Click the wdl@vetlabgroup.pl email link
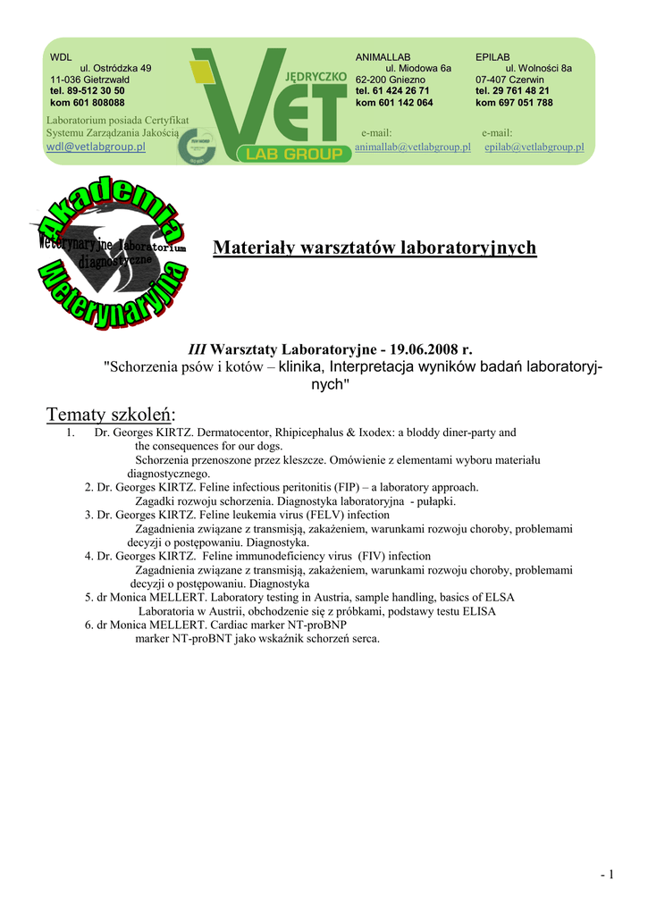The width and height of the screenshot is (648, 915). coord(96,147)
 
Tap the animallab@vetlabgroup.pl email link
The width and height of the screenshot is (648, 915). coord(412,147)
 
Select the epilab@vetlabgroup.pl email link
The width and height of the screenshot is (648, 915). coord(534,147)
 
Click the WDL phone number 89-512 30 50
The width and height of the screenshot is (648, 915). coord(88,90)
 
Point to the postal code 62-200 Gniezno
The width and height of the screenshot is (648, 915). coord(391,79)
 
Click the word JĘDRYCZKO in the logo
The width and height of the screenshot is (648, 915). coord(318,79)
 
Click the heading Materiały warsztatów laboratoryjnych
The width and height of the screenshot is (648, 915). coord(374,248)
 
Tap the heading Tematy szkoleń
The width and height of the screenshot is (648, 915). coord(111,415)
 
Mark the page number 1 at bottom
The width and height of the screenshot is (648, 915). coord(610,875)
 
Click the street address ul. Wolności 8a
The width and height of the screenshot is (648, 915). coord(538,68)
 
